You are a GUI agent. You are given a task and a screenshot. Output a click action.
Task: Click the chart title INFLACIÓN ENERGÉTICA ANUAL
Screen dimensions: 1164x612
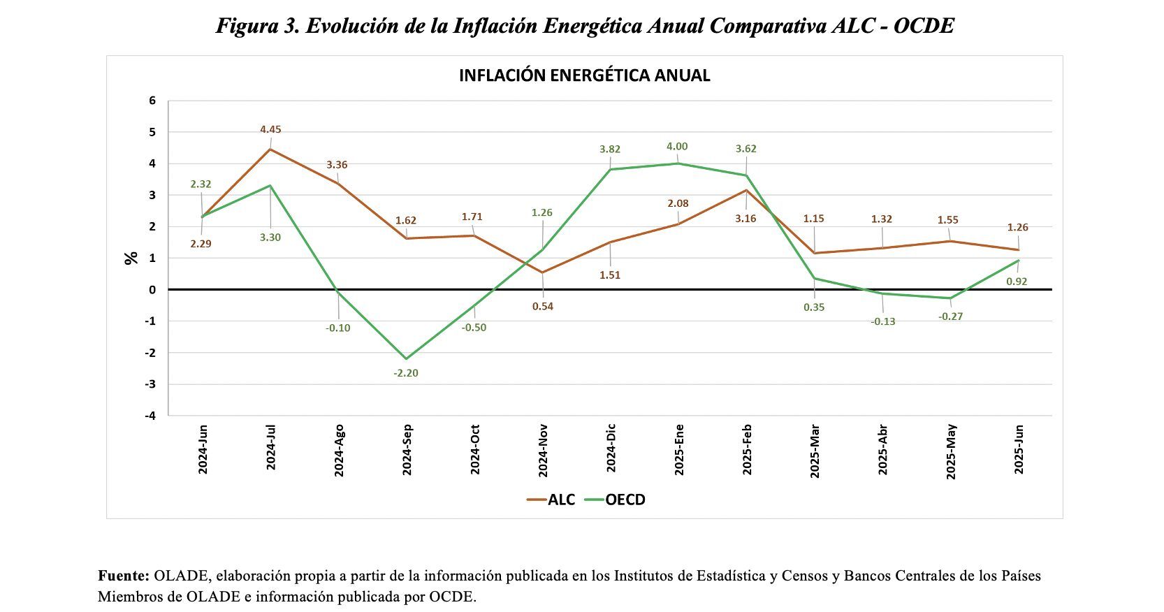[x=584, y=76]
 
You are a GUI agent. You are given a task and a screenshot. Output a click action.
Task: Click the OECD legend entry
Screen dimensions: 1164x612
[x=615, y=500]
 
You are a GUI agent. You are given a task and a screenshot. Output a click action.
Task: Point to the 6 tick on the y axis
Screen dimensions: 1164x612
[x=152, y=101]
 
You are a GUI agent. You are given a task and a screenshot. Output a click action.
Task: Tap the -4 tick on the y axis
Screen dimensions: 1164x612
[x=150, y=416]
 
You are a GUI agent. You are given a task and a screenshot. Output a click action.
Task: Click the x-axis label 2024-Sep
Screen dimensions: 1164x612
[x=407, y=450]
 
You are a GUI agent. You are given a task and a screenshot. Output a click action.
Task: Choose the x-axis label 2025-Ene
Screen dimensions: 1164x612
[x=678, y=450]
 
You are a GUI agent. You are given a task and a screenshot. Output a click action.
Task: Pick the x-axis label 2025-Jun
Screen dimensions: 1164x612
[x=1019, y=449]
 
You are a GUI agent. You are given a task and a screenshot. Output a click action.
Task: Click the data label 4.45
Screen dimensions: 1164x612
[x=270, y=129]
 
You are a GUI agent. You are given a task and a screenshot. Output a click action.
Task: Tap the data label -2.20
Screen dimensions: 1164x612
[x=406, y=373]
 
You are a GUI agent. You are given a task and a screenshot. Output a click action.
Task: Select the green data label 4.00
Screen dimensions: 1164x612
[x=677, y=147]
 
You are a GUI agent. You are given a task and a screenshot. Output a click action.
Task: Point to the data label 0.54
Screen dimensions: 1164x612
[x=543, y=307]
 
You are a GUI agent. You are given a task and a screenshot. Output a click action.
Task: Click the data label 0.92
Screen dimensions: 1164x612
[x=1017, y=282]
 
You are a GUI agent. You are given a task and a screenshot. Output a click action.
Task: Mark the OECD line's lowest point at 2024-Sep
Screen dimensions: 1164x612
[x=407, y=358]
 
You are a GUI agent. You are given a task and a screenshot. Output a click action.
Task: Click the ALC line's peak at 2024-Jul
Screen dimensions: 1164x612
[x=270, y=150]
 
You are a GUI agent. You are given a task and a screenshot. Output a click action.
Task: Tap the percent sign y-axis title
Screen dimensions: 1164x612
[x=131, y=258]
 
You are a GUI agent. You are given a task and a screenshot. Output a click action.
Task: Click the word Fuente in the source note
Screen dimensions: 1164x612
[x=124, y=576]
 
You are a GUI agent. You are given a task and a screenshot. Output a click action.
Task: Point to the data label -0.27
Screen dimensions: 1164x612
[x=950, y=316]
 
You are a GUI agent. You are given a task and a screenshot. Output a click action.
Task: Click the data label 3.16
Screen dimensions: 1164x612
[x=745, y=219]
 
